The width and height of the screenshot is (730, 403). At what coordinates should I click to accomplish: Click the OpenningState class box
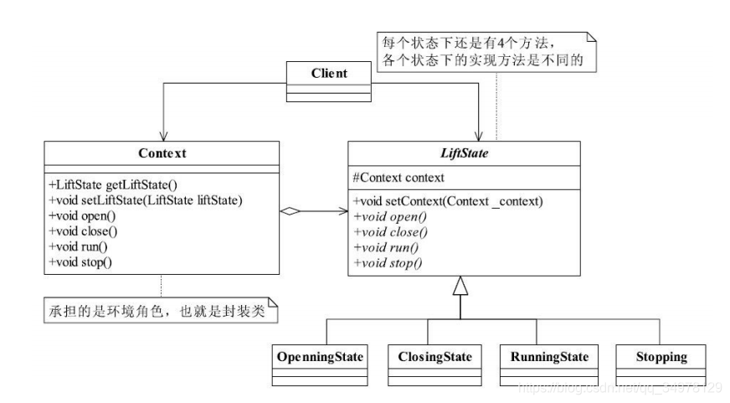click(321, 363)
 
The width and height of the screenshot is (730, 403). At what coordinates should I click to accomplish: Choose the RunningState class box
click(548, 363)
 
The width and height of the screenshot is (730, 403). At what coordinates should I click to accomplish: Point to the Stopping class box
click(661, 363)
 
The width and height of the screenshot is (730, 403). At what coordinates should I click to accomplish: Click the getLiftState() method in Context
click(114, 183)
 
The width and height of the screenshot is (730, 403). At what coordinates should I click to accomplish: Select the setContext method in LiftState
click(449, 202)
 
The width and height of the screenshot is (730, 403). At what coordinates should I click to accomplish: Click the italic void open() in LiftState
click(386, 217)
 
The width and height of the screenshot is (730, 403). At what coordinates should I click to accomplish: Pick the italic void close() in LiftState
click(388, 232)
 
